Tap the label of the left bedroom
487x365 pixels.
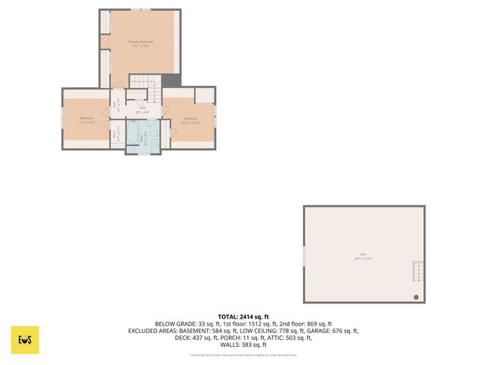coord(86,119)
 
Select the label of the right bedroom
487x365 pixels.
coord(189,119)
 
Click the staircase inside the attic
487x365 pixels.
coord(416,271)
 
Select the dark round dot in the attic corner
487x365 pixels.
coord(416,297)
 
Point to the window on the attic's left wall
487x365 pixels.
coord(304,255)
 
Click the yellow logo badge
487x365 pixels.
coord(24,340)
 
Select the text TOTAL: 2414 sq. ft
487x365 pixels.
coord(243,316)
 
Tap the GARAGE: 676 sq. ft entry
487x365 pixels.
coord(333,331)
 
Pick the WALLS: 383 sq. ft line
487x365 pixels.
coord(243,344)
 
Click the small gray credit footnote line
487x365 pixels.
coord(243,355)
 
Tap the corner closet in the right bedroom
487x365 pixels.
coord(205,96)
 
